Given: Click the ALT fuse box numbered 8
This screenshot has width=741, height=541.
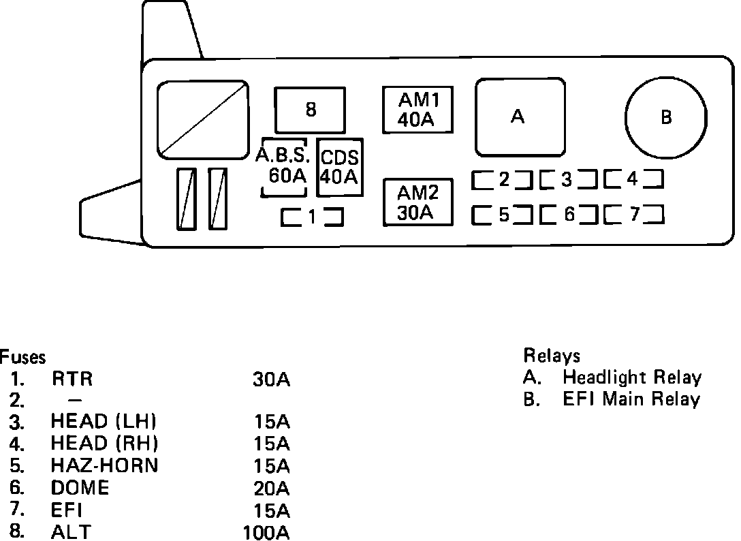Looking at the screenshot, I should coord(311,110).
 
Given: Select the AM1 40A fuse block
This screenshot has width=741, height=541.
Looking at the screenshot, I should coord(417,110).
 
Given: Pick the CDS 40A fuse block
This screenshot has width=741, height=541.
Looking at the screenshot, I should coord(339,167).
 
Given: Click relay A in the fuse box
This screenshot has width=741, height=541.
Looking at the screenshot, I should coord(519,117).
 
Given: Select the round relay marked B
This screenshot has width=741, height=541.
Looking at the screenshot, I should coord(665,117).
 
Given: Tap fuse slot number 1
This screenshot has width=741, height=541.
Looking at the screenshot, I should coord(311,217).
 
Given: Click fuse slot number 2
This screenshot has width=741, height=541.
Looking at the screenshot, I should coord(503,180).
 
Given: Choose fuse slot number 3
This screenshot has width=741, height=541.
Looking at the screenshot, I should coord(567,180).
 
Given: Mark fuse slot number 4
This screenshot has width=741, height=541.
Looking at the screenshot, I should coord(633,180).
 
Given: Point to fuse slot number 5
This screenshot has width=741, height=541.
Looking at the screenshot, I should coord(503,215).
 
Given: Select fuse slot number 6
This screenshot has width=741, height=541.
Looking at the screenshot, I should coord(567,215).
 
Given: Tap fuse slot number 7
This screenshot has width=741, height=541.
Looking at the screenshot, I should coord(633,215).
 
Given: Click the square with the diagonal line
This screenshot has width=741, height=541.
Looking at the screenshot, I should coord(202,117).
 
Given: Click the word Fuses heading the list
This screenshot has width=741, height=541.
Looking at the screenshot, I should coord(22,357).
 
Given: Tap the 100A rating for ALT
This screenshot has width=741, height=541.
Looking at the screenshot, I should coord(266,532).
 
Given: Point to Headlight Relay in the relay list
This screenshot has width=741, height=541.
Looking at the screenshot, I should coord(631,377).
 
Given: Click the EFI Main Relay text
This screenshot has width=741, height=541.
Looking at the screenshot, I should coord(631,399).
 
